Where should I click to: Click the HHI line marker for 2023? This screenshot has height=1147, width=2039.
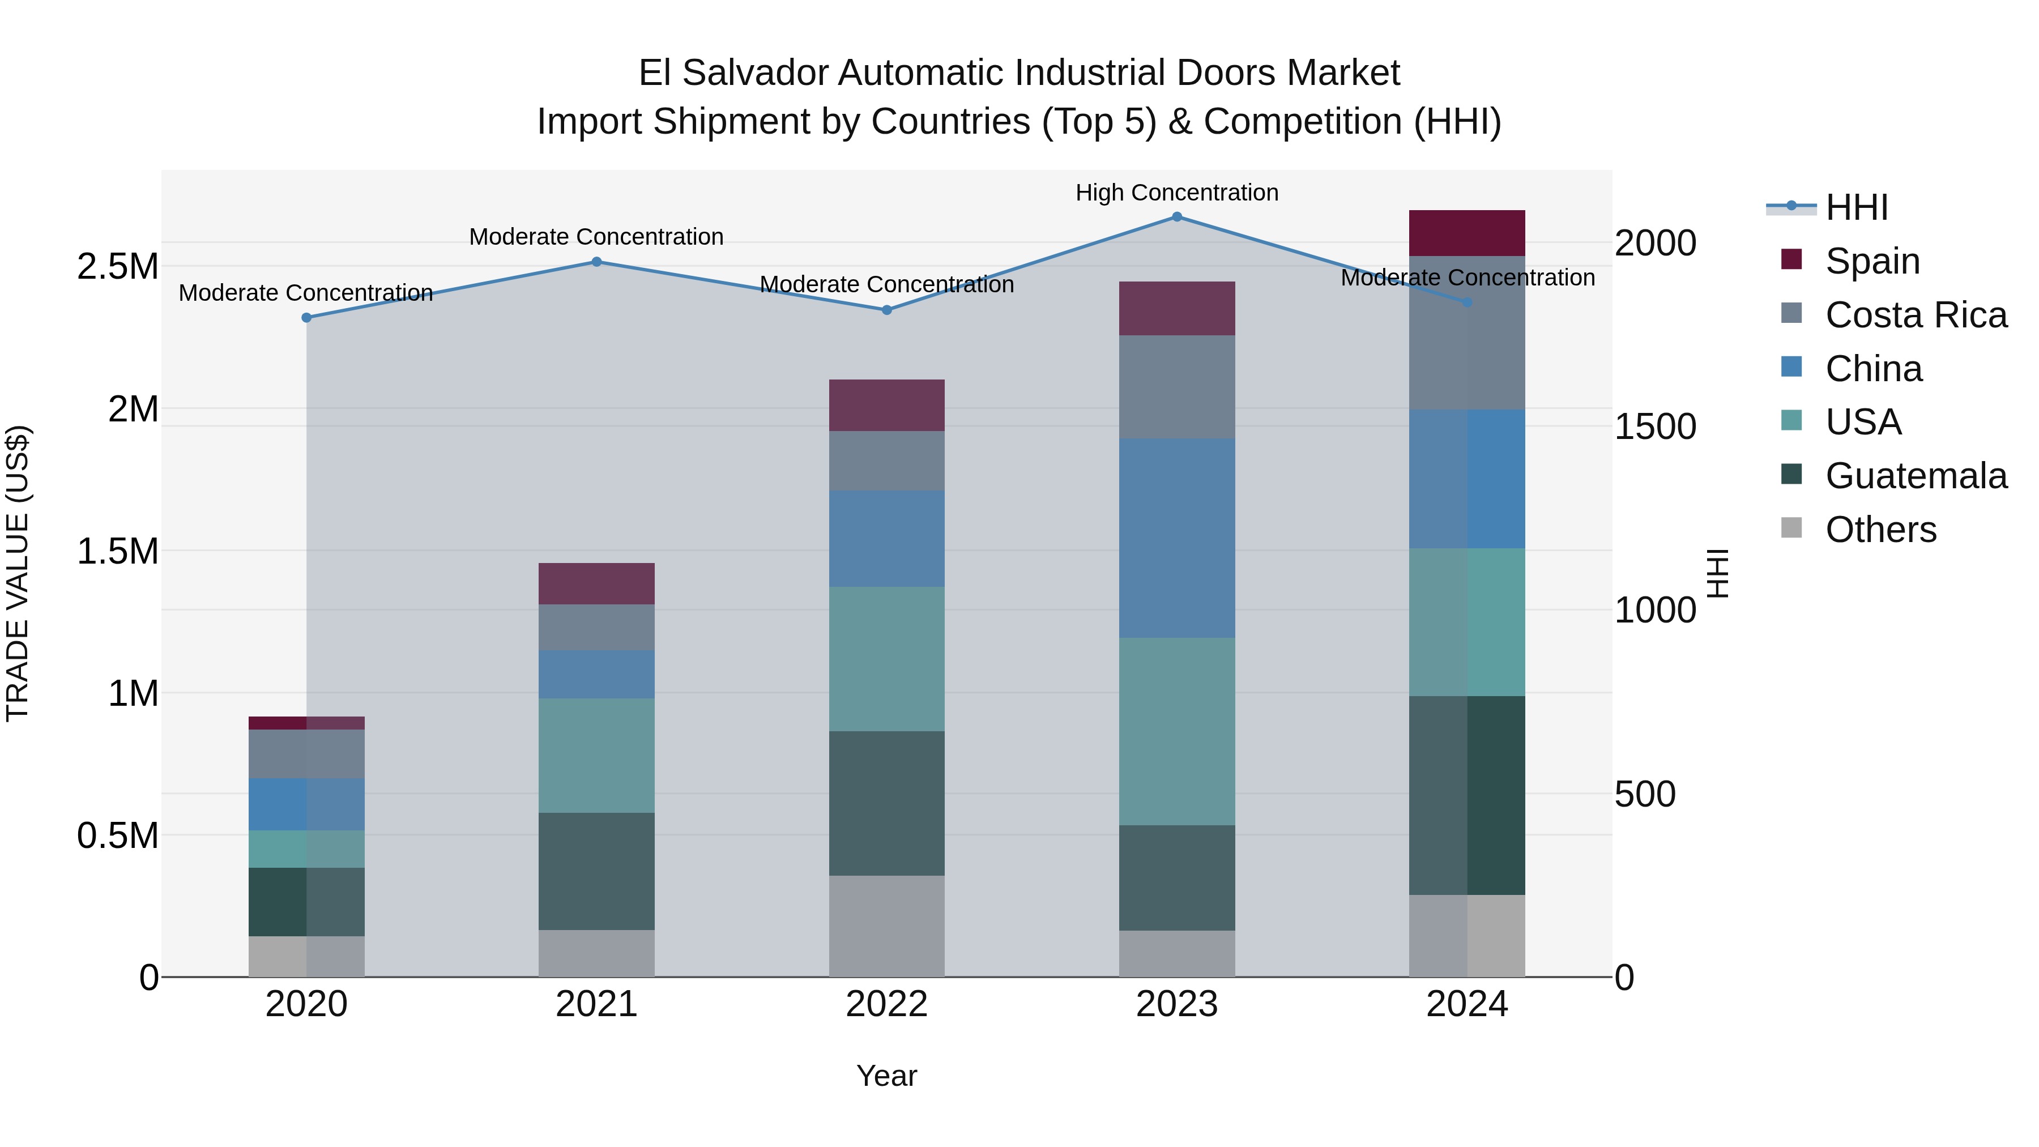1176,217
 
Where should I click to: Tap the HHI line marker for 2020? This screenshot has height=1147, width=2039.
306,317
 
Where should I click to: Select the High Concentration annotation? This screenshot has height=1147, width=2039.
1176,193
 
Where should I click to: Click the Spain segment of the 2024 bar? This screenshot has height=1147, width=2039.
1467,233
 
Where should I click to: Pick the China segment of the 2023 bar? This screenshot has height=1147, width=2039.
1176,538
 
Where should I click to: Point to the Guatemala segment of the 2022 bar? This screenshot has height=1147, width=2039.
886,803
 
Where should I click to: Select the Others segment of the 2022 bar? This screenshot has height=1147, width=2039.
886,926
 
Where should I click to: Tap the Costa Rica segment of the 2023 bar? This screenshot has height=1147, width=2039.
1176,386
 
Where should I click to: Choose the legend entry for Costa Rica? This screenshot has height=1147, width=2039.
1916,315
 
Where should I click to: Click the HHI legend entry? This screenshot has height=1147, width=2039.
1856,207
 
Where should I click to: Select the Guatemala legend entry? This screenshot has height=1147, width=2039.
1916,476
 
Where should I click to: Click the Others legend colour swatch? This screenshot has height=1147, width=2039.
1791,528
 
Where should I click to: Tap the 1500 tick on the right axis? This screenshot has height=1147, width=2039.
1655,427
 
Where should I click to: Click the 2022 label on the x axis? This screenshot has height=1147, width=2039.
886,1004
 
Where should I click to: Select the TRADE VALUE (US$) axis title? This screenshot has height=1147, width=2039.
18,573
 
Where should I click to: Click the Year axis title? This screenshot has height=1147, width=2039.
886,1076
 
